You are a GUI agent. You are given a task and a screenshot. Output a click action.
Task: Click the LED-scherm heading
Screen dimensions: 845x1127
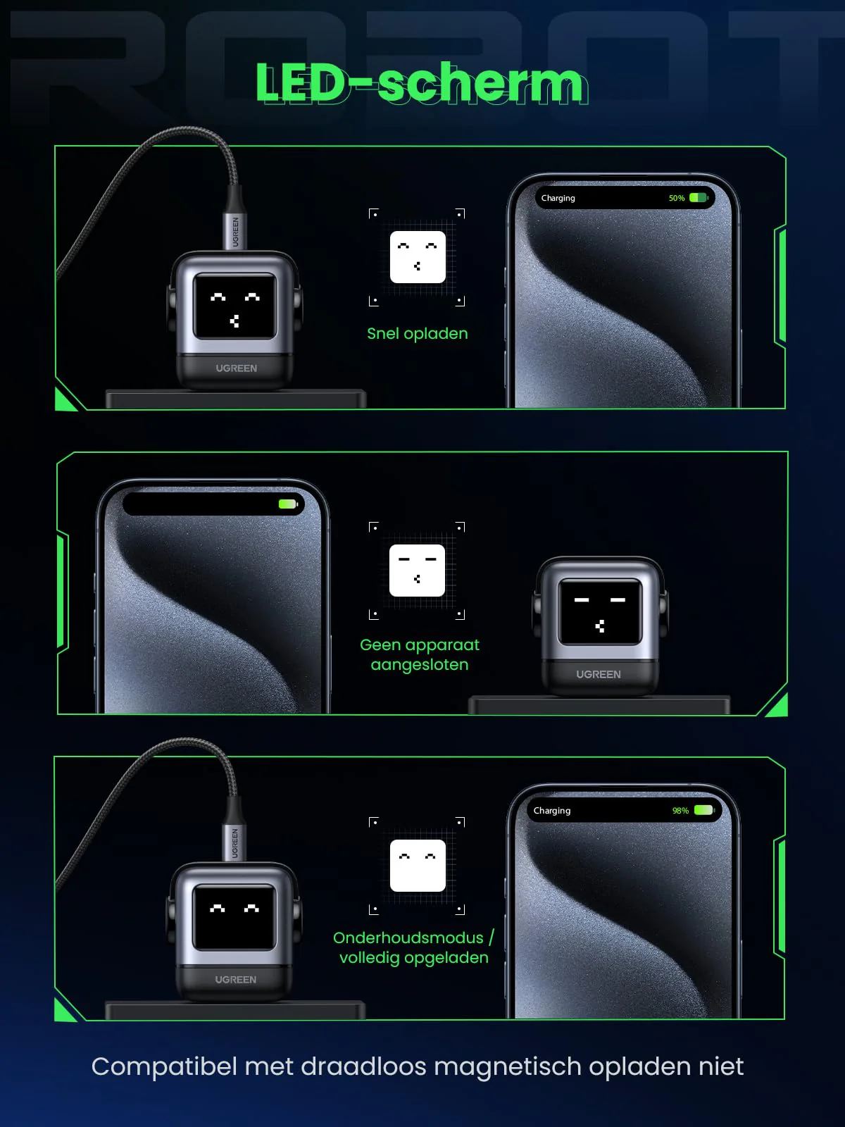click(x=421, y=83)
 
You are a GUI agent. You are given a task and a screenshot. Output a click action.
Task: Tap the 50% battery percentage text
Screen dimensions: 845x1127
click(x=677, y=198)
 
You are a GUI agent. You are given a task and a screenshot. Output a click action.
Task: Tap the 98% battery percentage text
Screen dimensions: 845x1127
click(x=680, y=811)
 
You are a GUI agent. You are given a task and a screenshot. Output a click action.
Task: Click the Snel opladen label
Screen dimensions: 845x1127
click(x=417, y=334)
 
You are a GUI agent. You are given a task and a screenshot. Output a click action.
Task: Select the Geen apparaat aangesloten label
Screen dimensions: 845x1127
click(x=420, y=654)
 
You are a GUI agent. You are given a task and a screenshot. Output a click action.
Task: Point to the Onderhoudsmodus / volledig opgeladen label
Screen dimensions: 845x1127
click(x=413, y=948)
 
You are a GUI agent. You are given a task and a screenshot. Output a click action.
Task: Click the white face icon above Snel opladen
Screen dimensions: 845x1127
click(x=418, y=256)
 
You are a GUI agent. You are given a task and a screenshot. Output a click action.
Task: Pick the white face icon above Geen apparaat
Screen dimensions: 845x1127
click(x=417, y=571)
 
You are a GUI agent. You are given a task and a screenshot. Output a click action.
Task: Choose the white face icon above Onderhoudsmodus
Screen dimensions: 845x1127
click(x=418, y=866)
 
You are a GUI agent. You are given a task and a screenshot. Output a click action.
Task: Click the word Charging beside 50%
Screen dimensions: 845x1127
click(x=558, y=198)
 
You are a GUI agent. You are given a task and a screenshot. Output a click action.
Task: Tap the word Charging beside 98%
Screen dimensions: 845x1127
click(x=552, y=811)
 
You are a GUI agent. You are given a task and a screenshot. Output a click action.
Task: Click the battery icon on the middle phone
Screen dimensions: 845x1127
click(x=288, y=504)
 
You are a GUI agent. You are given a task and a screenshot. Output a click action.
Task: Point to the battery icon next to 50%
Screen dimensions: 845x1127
click(x=699, y=198)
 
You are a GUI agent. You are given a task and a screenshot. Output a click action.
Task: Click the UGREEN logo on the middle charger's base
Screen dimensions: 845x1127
click(x=599, y=674)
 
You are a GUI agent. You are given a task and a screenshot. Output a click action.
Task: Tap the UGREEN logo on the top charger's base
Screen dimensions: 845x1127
click(x=236, y=368)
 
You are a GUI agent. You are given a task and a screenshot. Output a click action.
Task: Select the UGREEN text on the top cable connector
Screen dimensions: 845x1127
click(x=235, y=232)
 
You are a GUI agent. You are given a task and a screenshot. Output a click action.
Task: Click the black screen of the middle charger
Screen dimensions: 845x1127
click(x=600, y=611)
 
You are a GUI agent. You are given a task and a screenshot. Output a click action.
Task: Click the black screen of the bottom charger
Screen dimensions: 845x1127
click(x=234, y=917)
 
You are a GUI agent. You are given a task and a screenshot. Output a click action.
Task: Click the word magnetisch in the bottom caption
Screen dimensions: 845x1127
click(x=508, y=1066)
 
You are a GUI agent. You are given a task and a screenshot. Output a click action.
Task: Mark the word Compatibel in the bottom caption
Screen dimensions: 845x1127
click(x=164, y=1067)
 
